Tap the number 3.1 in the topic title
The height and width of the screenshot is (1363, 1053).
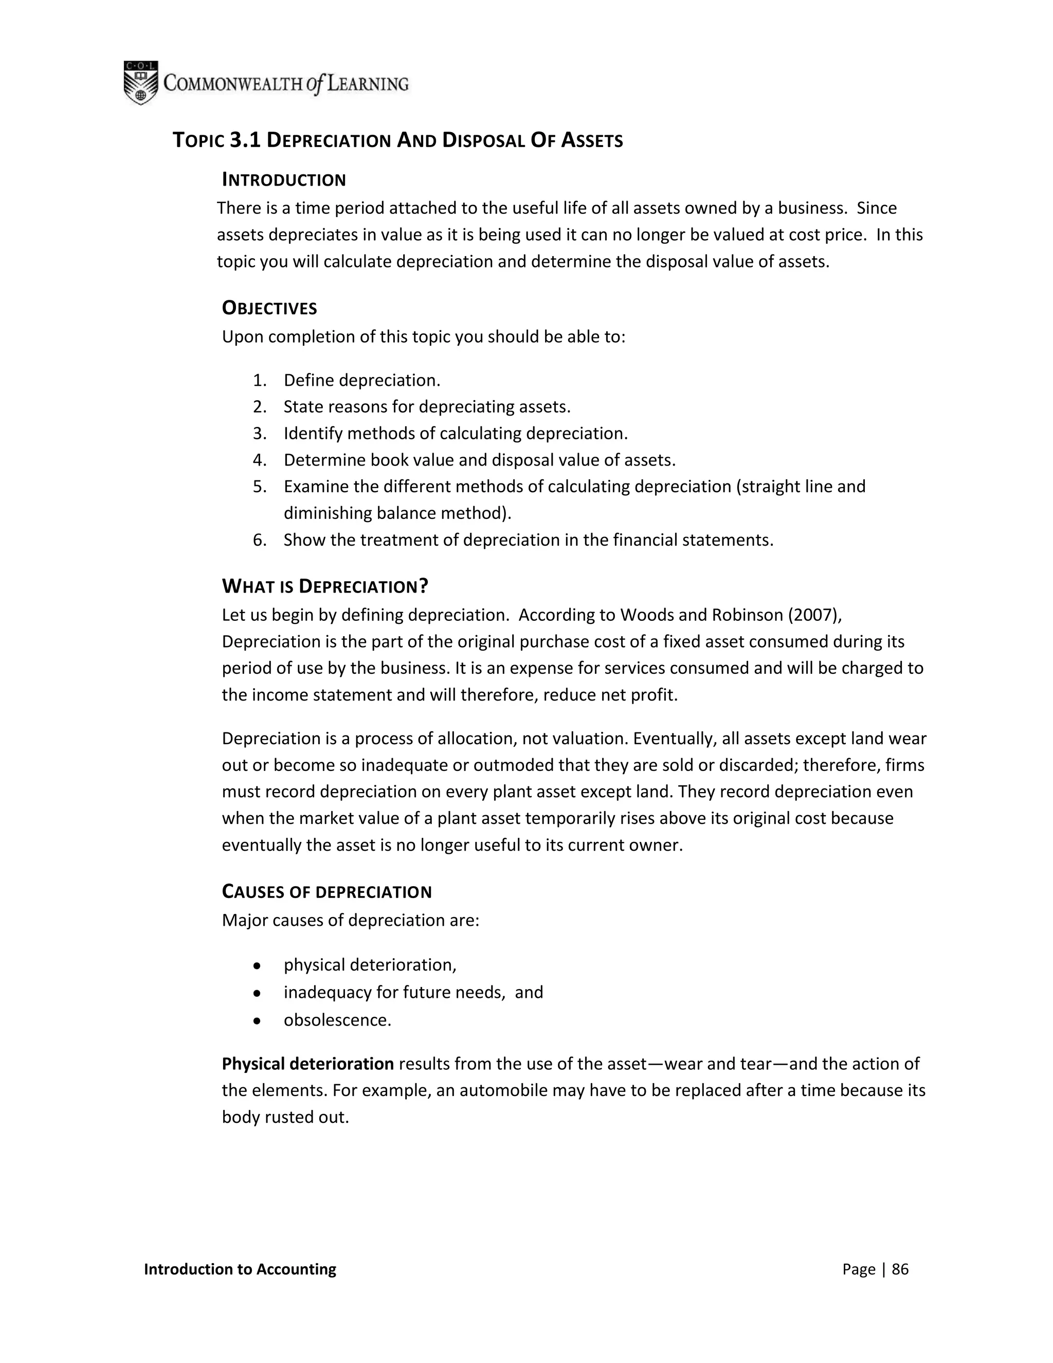pyautogui.click(x=245, y=140)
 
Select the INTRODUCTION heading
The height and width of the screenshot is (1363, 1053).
pyautogui.click(x=284, y=181)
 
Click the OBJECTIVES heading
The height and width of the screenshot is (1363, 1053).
pyautogui.click(x=269, y=308)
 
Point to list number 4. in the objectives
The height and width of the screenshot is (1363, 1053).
pyautogui.click(x=260, y=460)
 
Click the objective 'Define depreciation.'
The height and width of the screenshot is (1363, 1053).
pyautogui.click(x=362, y=380)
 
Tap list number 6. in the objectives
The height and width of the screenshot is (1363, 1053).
pyautogui.click(x=260, y=540)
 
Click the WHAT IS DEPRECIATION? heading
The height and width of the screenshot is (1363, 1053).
pyautogui.click(x=325, y=587)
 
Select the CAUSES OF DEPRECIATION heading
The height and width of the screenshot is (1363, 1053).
pyautogui.click(x=326, y=892)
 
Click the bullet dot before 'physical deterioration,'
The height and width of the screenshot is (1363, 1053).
pyautogui.click(x=257, y=965)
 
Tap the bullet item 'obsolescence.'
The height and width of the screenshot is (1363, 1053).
pyautogui.click(x=337, y=1020)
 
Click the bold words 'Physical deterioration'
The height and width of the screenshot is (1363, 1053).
pyautogui.click(x=307, y=1064)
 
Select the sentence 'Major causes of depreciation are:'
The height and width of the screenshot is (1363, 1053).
pyautogui.click(x=350, y=921)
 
